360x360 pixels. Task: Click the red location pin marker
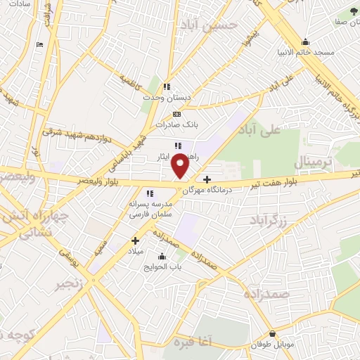181,166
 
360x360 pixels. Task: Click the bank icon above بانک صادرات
176,113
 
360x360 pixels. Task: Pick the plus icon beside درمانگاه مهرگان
207,179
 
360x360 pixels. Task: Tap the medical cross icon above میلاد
136,240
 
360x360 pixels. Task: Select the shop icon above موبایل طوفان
273,333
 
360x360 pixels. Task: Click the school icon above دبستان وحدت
167,86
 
